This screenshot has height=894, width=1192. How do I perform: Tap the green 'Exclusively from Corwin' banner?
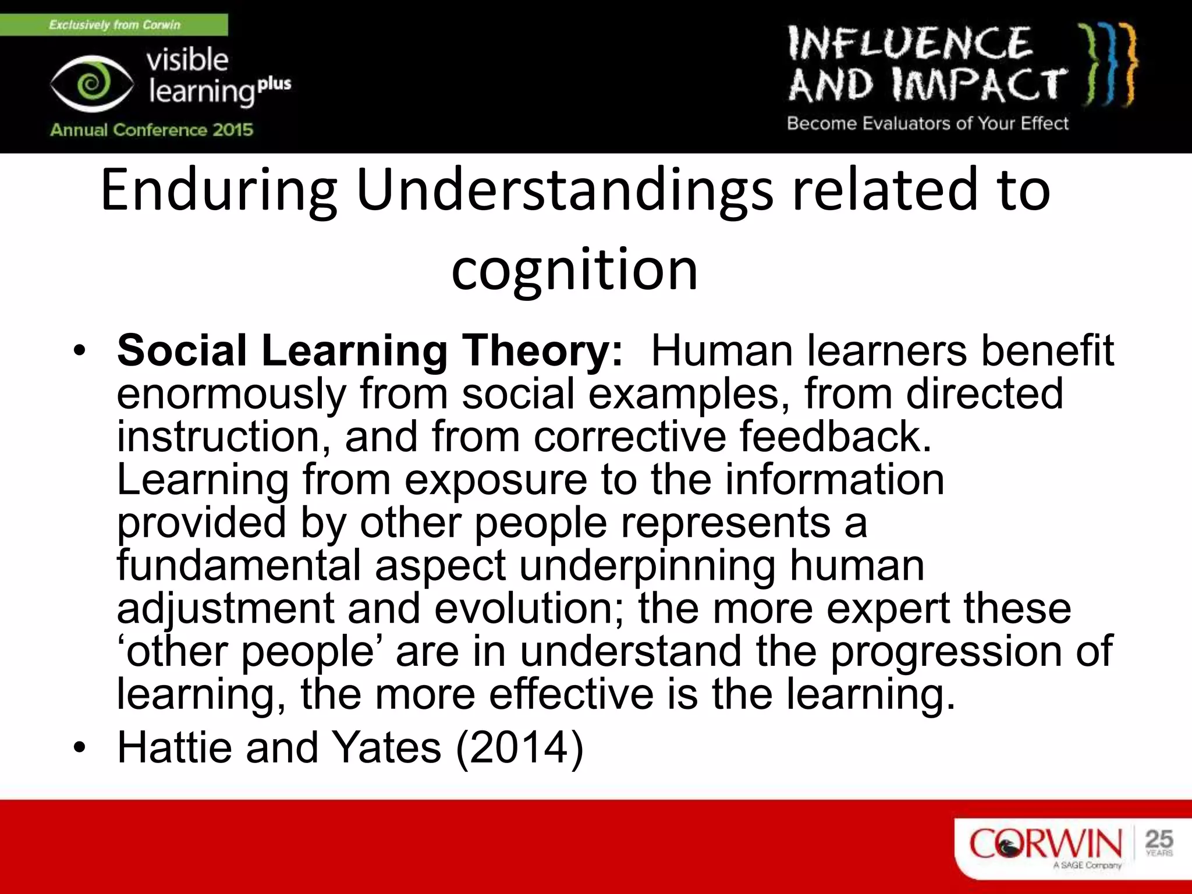(114, 25)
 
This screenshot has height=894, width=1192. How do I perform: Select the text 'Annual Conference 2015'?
(151, 130)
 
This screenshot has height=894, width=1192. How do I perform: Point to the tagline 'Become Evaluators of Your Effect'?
(928, 123)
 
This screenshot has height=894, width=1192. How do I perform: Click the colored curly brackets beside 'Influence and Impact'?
(1107, 65)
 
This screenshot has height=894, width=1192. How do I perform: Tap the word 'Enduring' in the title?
(218, 190)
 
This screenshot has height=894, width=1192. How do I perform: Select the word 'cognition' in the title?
(574, 269)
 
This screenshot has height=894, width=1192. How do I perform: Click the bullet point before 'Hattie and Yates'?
(80, 747)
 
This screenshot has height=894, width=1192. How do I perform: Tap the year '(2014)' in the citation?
(519, 747)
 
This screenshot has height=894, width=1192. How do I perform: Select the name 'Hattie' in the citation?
(175, 747)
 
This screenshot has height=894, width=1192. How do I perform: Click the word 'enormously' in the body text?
(231, 394)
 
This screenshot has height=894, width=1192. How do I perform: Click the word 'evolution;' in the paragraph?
(529, 608)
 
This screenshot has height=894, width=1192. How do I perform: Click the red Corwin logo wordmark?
(1045, 843)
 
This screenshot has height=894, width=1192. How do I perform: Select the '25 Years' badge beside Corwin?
(1159, 842)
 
